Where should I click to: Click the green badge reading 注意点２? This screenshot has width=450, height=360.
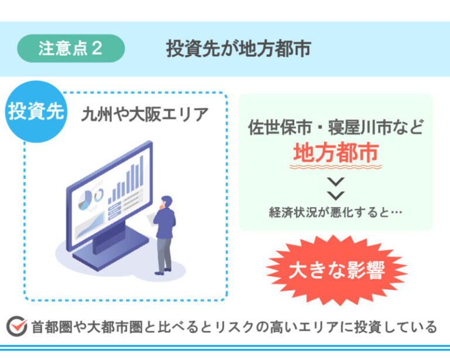(x=71, y=48)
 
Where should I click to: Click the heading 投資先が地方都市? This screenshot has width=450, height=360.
(x=238, y=49)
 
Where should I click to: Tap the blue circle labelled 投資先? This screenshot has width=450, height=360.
(x=36, y=111)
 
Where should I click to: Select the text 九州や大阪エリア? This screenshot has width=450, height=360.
(x=145, y=114)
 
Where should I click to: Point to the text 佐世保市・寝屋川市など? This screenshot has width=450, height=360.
(x=336, y=127)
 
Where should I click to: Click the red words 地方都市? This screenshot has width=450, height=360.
(x=336, y=152)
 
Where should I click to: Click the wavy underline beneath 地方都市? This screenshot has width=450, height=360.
(x=336, y=167)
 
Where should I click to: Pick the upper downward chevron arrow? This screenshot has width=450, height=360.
(x=336, y=182)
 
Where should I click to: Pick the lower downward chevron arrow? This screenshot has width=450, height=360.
(x=336, y=195)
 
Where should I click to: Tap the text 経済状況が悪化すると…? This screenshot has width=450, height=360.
(x=336, y=212)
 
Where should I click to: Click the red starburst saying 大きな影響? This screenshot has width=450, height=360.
(x=337, y=270)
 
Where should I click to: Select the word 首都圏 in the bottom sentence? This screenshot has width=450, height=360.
(x=52, y=327)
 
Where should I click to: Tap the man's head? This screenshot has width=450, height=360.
(x=166, y=201)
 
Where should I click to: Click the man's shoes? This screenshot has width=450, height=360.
(x=163, y=271)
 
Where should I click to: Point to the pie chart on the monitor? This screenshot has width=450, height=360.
(x=85, y=200)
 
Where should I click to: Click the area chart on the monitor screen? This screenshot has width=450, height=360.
(x=90, y=225)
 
